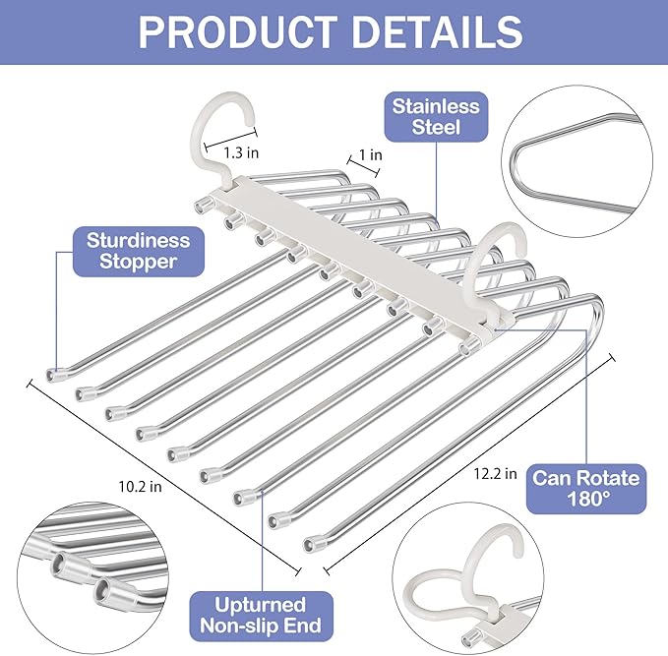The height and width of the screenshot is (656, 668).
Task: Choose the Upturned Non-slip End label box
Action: (261, 616)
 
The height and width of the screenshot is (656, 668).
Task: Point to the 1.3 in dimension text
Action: (240, 152)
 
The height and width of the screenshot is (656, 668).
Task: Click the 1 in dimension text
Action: (371, 154)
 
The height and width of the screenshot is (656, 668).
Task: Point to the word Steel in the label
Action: (435, 129)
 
